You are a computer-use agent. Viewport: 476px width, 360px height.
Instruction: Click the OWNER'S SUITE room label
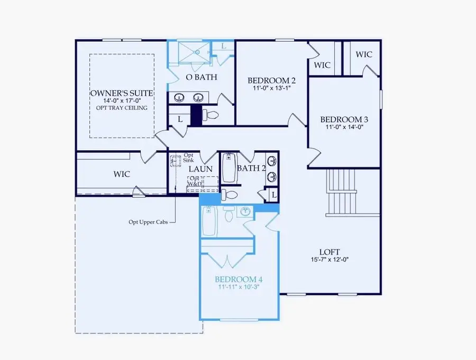(122, 93)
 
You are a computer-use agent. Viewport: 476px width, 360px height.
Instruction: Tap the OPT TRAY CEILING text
(122, 108)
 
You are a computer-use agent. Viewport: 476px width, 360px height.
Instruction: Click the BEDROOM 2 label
(271, 80)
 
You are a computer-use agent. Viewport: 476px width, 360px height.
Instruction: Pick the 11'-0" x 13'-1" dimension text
(271, 89)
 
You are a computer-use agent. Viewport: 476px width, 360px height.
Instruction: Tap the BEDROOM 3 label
(344, 119)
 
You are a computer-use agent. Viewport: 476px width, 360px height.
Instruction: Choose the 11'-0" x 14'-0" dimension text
(344, 127)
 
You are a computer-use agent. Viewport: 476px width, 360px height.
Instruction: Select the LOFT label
(329, 252)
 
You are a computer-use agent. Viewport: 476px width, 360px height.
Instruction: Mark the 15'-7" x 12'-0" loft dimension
(329, 260)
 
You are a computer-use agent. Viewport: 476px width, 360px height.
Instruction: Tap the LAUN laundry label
(201, 169)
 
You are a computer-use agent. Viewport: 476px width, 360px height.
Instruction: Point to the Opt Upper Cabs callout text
(148, 222)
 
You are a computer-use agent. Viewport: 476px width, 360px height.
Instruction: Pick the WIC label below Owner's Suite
(122, 174)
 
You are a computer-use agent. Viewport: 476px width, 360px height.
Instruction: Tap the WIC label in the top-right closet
(364, 54)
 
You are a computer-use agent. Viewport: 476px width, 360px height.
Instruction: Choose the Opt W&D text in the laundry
(195, 181)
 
